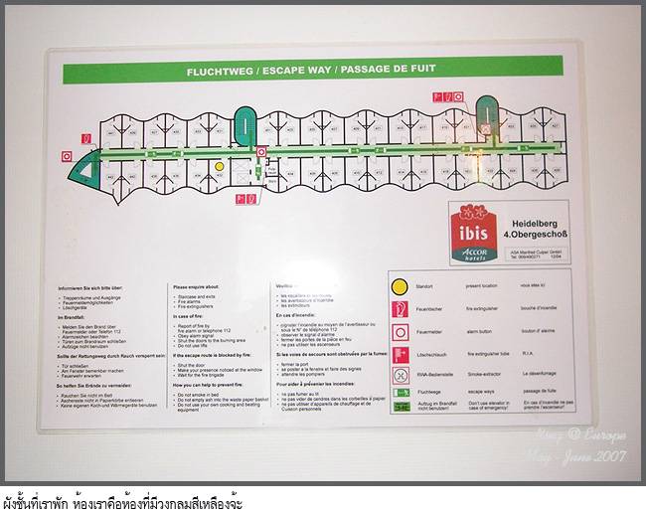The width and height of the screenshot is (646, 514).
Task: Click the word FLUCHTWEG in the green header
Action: click(x=220, y=72)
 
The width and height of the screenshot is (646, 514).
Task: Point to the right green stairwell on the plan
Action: click(x=487, y=113)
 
